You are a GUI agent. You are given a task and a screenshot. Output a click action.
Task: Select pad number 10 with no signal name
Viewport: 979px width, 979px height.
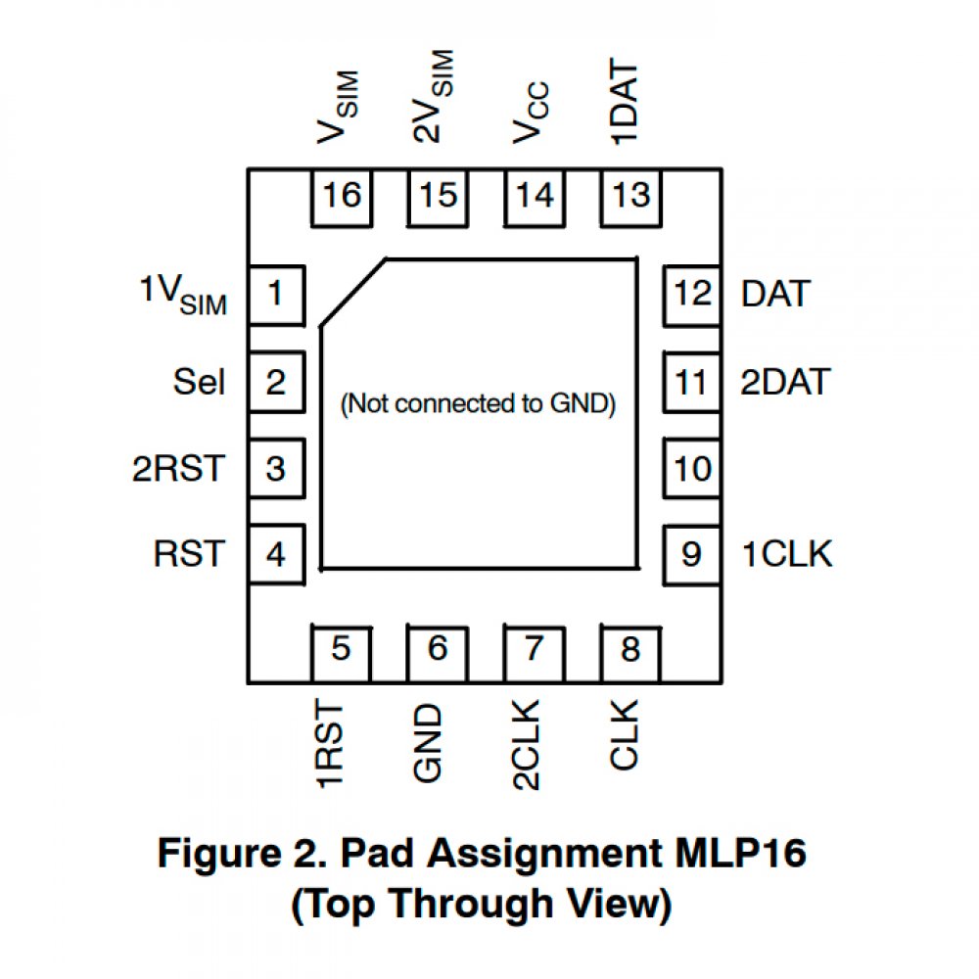[x=692, y=469]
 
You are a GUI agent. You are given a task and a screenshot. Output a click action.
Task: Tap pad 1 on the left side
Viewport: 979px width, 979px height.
[x=276, y=294]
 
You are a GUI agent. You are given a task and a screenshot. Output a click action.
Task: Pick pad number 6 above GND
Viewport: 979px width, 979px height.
[x=438, y=650]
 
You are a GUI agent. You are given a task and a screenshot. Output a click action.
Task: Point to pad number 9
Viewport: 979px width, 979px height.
[x=692, y=555]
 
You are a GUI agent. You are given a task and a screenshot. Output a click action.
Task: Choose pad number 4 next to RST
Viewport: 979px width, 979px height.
[x=276, y=555]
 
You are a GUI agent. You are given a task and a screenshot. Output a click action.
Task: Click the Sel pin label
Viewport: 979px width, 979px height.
[x=199, y=382]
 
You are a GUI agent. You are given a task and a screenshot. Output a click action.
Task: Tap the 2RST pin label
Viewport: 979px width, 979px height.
[x=178, y=469]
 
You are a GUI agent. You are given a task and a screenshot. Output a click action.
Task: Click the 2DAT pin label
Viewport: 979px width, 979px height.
[x=785, y=382]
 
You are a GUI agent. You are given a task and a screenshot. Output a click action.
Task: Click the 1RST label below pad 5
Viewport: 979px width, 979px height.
[x=332, y=745]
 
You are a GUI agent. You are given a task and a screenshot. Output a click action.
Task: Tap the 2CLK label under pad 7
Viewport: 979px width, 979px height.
[x=527, y=745]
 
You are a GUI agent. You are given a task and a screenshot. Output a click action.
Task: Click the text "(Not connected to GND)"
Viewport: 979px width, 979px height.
[x=478, y=403]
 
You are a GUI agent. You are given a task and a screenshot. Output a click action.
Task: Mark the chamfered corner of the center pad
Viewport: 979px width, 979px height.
[x=352, y=292]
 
